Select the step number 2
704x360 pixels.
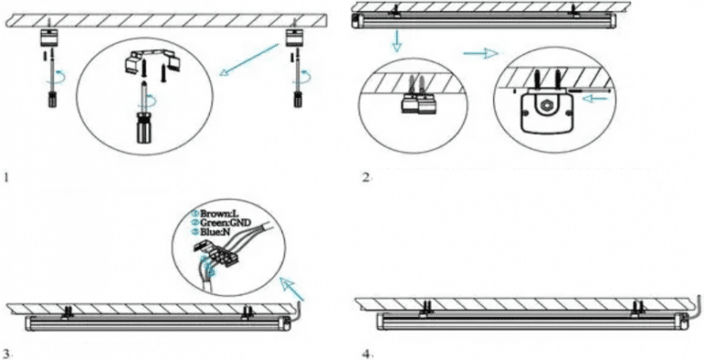click(365, 175)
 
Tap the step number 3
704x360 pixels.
click(7, 352)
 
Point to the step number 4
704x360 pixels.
click(365, 353)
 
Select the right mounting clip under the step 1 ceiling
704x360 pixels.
click(293, 39)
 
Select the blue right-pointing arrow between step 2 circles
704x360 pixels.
click(476, 54)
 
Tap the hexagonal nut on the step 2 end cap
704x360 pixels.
click(548, 109)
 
